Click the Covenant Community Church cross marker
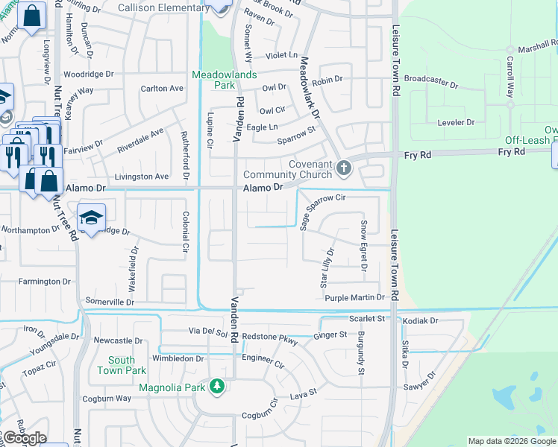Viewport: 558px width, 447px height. (x=343, y=168)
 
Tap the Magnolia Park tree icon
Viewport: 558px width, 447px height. (x=217, y=386)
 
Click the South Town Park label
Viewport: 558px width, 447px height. (x=116, y=365)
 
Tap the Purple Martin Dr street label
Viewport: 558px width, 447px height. (x=354, y=298)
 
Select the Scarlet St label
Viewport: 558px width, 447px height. (x=366, y=319)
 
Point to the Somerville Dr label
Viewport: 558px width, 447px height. (x=110, y=302)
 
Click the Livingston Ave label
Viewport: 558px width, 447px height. (x=142, y=177)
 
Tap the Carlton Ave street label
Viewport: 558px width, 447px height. (x=162, y=88)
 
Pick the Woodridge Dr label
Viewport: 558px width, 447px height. (x=88, y=74)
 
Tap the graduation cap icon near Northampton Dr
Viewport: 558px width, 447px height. (x=91, y=218)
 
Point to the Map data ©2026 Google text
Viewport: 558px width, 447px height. (x=512, y=441)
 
